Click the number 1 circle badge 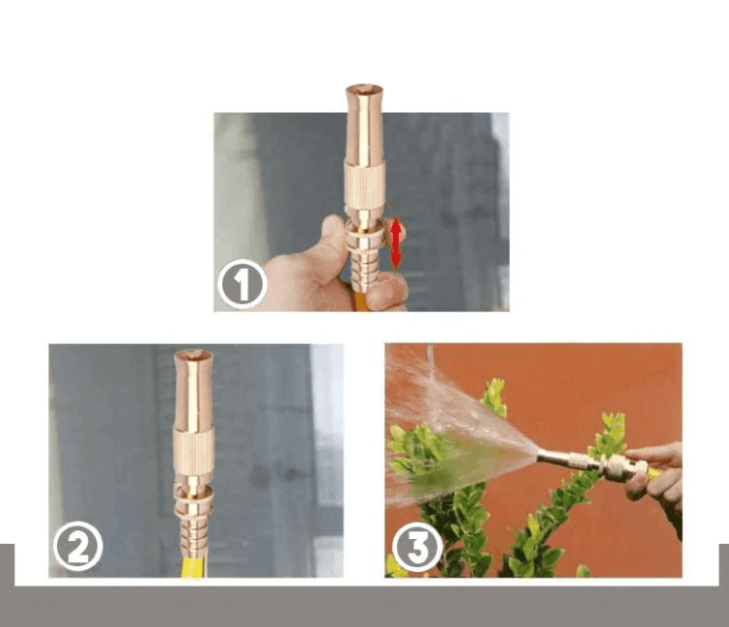coord(242,284)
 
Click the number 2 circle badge coord(78,546)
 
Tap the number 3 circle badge coord(417,548)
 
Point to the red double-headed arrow coord(396,242)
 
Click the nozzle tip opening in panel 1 coord(364,88)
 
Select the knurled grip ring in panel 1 coord(365,185)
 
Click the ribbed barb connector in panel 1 coord(365,269)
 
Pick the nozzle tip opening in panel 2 coord(193,355)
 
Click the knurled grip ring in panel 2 coord(194,450)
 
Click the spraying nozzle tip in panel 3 coord(541,453)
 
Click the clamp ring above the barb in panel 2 coord(194,497)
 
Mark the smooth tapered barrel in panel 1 coord(364,126)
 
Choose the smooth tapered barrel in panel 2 coord(194,390)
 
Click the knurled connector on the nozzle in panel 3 coord(617,467)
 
